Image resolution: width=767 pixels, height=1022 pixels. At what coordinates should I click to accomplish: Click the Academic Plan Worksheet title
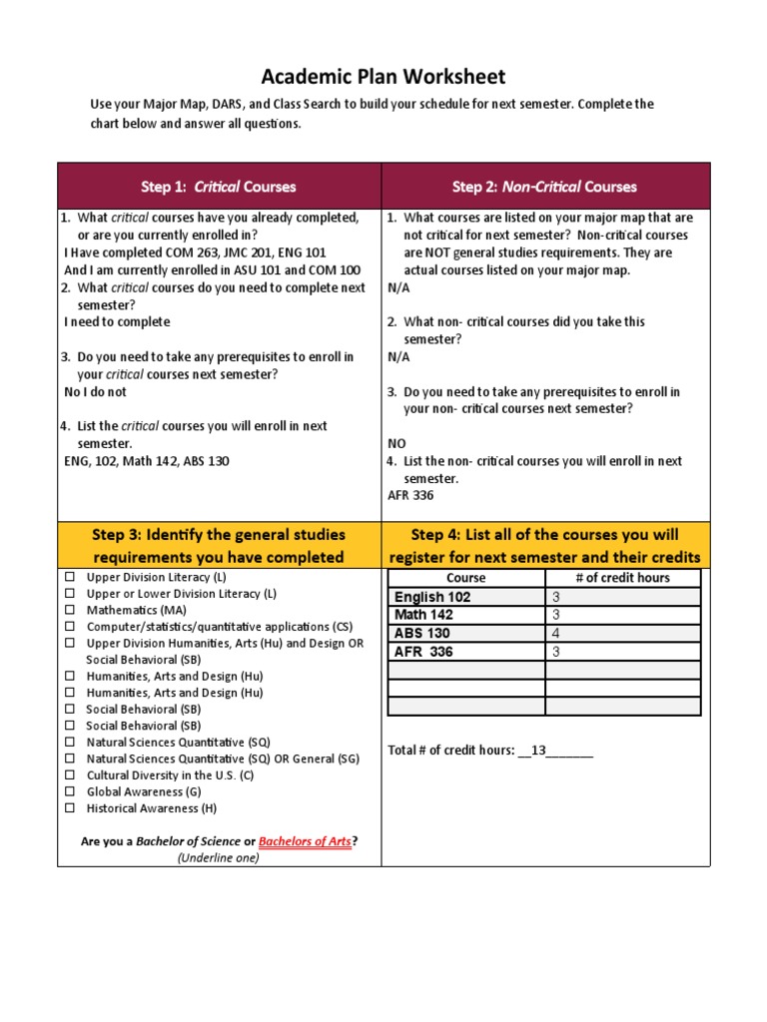(383, 77)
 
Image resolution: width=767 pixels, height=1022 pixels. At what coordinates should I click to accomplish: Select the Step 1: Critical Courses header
(219, 187)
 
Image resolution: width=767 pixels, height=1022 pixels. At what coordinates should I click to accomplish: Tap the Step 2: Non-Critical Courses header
(544, 187)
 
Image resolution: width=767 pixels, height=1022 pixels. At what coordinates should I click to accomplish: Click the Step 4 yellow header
(545, 546)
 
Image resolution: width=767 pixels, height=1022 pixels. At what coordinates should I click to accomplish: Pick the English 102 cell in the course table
(432, 597)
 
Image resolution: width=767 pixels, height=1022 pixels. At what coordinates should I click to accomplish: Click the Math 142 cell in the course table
(423, 615)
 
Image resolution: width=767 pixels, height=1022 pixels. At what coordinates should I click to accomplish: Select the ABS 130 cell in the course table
(422, 633)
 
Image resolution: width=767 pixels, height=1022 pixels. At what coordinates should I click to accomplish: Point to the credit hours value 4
(556, 633)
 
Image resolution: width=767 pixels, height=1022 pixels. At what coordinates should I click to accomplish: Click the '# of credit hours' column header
(623, 578)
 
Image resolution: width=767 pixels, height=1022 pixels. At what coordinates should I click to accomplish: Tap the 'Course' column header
(465, 578)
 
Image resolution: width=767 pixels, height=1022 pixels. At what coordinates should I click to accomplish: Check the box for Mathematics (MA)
(71, 610)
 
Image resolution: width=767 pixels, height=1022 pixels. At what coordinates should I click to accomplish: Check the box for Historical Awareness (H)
(71, 808)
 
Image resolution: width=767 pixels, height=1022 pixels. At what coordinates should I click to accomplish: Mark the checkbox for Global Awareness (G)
(71, 791)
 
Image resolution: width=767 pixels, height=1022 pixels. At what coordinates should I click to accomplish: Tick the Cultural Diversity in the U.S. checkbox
(71, 775)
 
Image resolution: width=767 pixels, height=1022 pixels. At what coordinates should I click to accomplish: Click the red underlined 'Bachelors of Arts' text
(305, 841)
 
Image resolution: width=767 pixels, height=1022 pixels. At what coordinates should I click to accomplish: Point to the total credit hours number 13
(538, 751)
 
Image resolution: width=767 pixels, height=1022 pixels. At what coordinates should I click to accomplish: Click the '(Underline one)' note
(219, 857)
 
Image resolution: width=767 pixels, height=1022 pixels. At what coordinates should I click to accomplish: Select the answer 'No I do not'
(96, 392)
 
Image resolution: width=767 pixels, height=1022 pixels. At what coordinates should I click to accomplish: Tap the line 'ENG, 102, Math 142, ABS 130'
(152, 461)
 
